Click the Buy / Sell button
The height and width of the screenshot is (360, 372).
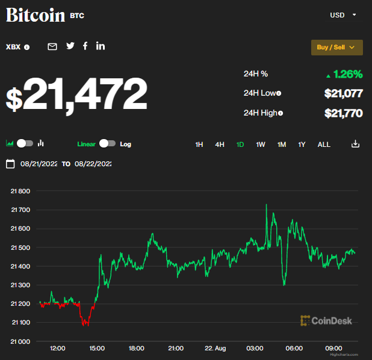tap(336, 47)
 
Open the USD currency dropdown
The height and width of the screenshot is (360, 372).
tap(343, 14)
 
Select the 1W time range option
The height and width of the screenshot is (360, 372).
tap(261, 144)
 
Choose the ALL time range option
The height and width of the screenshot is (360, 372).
tap(324, 144)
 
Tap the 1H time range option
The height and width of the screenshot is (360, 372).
tap(199, 144)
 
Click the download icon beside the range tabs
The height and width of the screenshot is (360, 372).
tap(355, 144)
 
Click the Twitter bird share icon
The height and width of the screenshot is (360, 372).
tap(70, 46)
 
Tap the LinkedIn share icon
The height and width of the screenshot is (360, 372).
tap(101, 46)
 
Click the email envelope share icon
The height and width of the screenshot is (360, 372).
tap(52, 46)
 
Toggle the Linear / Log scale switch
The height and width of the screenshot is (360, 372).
tap(107, 144)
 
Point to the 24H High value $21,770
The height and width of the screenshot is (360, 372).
tap(343, 113)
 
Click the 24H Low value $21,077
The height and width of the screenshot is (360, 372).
tap(343, 93)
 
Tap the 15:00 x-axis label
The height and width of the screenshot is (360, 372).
tap(97, 349)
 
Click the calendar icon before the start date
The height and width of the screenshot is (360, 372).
tap(10, 164)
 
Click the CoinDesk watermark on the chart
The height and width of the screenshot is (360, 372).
tap(326, 321)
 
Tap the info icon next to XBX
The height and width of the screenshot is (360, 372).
tap(27, 47)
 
